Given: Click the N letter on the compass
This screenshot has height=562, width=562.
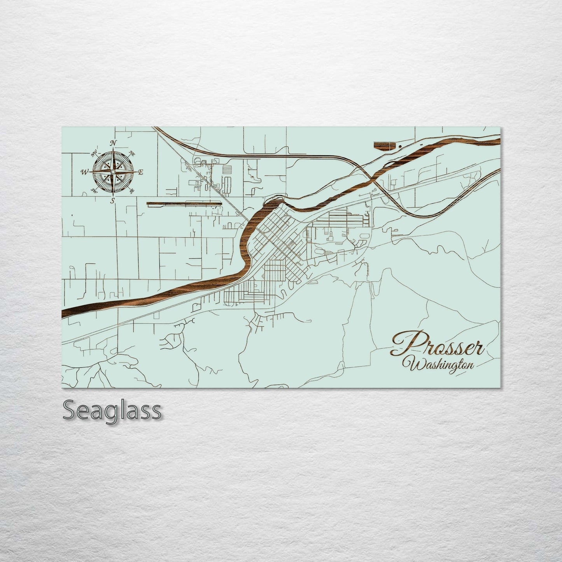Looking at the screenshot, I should coord(114,143).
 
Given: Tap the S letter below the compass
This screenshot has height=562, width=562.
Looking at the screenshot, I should coord(113,200).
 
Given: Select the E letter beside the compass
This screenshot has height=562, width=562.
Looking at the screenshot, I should coord(141,172).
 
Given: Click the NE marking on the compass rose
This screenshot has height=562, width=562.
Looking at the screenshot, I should coord(132,153).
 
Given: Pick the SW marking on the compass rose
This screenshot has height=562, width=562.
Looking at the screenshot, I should coord(94,190).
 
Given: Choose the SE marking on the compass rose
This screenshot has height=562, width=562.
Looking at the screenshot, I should coord(132,191).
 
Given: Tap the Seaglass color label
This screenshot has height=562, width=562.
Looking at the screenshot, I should coord(112,410).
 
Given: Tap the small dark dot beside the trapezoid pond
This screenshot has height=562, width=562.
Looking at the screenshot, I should coord(400,146).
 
